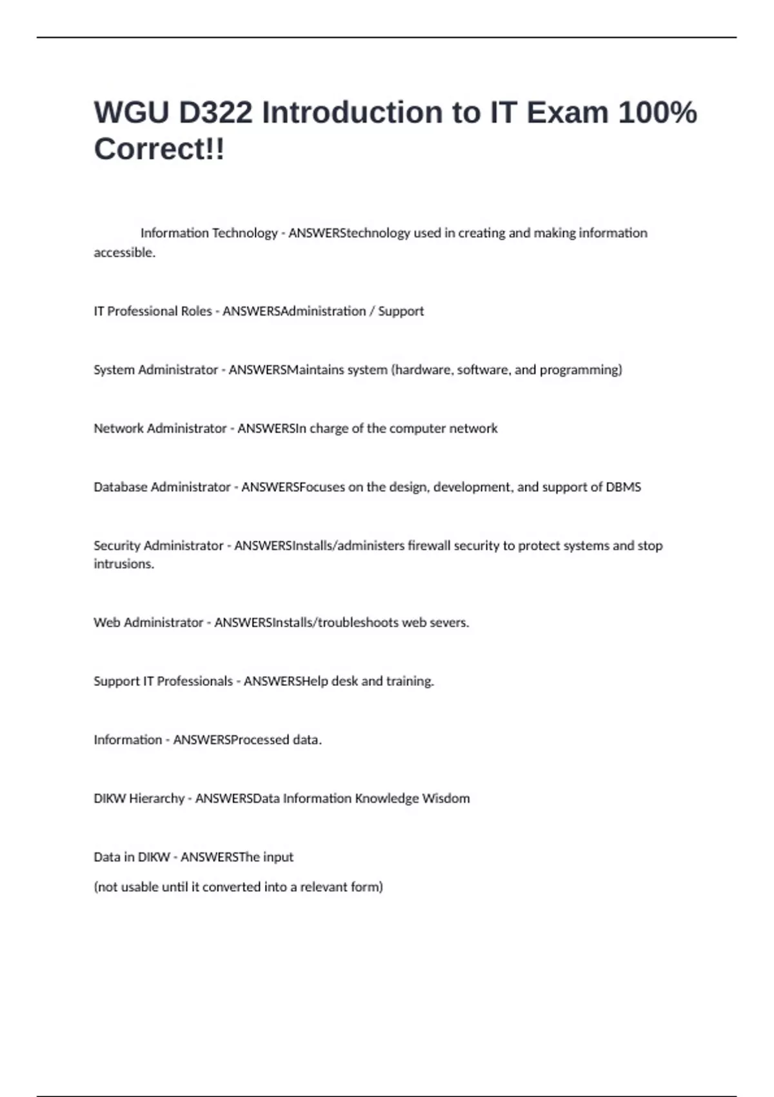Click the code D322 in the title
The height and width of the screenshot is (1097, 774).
point(215,113)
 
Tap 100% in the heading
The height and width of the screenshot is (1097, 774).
point(657,113)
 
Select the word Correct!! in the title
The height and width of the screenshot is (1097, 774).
point(159,150)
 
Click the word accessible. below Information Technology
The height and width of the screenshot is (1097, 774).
point(124,252)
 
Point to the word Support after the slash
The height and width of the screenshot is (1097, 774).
point(401,311)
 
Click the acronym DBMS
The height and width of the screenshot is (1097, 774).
point(623,487)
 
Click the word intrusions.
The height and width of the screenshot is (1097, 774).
point(124,564)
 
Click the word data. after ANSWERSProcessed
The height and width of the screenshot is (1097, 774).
point(307,740)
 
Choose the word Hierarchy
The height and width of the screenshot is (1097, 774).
point(157,799)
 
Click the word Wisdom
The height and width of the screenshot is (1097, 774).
point(446,799)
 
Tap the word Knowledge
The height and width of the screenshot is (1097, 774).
point(386,799)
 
